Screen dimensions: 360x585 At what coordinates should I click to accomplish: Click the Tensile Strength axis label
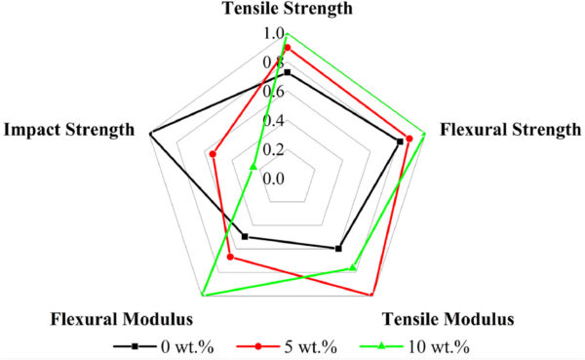pyautogui.click(x=288, y=9)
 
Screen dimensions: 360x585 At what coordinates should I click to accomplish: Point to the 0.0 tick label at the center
pyautogui.click(x=273, y=179)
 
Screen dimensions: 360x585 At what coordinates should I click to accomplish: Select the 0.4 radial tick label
pyautogui.click(x=273, y=121)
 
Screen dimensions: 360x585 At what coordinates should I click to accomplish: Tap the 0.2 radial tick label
pyautogui.click(x=273, y=149)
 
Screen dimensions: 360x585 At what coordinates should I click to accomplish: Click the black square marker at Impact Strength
pyautogui.click(x=150, y=133)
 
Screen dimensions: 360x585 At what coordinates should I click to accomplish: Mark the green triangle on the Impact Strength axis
pyautogui.click(x=253, y=167)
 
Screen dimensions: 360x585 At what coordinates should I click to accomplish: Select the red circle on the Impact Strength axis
pyautogui.click(x=213, y=153)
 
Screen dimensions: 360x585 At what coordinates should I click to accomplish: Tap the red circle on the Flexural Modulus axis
pyautogui.click(x=230, y=258)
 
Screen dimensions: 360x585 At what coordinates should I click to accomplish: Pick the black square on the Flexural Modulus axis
pyautogui.click(x=245, y=237)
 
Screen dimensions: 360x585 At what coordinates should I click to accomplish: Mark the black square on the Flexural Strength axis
pyautogui.click(x=401, y=141)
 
